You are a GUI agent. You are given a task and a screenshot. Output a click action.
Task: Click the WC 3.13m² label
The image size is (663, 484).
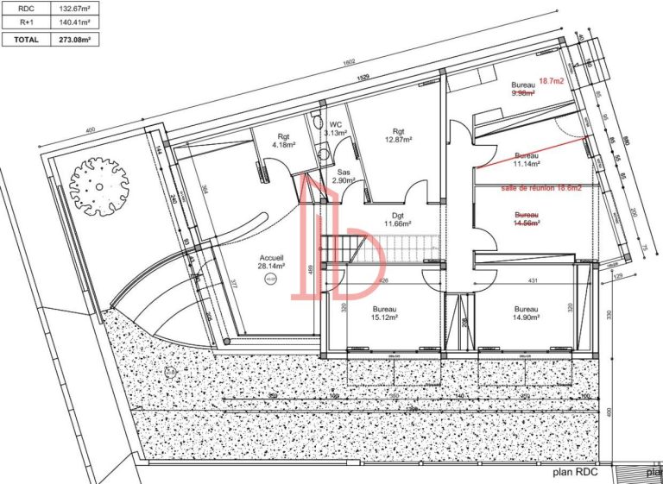[x=335, y=129]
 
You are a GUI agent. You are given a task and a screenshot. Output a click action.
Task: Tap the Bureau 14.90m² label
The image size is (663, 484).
[x=526, y=313]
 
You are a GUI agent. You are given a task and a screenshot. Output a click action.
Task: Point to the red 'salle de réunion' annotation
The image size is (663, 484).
[x=529, y=187]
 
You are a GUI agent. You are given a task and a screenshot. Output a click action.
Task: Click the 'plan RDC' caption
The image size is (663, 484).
[x=576, y=473]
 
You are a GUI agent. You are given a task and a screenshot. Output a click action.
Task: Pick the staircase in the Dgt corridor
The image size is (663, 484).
[x=354, y=250]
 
